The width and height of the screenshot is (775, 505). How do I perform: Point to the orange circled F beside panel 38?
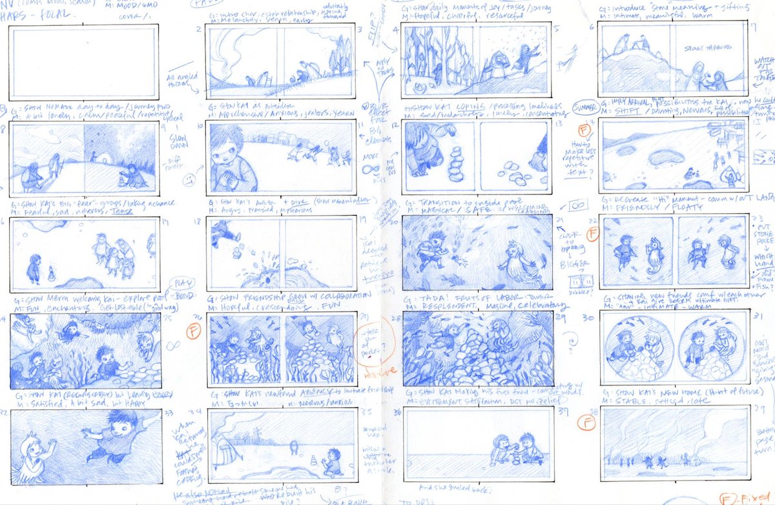pyautogui.click(x=587, y=423)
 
